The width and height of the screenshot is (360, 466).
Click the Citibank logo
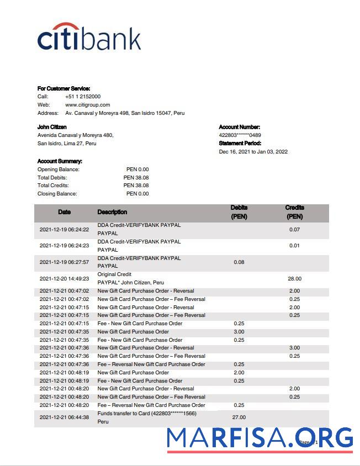pyautogui.click(x=89, y=37)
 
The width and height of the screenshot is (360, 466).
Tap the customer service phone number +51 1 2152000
pyautogui.click(x=83, y=97)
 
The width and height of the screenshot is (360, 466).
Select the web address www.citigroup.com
pyautogui.click(x=87, y=105)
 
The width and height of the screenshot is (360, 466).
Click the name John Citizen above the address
pyautogui.click(x=52, y=127)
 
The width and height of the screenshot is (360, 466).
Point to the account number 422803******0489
pyautogui.click(x=240, y=135)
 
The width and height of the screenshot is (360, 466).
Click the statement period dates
pyautogui.click(x=253, y=152)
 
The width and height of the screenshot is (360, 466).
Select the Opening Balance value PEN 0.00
pyautogui.click(x=137, y=170)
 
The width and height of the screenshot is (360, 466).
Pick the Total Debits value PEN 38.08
pyautogui.click(x=136, y=178)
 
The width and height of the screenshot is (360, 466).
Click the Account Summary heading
pyautogui.click(x=60, y=161)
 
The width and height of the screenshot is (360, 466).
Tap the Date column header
pyautogui.click(x=64, y=212)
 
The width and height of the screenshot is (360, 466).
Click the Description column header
pyautogui.click(x=112, y=212)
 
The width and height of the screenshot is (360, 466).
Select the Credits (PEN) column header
pyautogui.click(x=294, y=212)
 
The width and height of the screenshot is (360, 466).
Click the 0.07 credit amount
pyautogui.click(x=294, y=229)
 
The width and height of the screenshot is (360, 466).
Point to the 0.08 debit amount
pyautogui.click(x=239, y=262)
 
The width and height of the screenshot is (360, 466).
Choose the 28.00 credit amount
pyautogui.click(x=294, y=279)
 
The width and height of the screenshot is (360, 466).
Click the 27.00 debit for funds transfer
pyautogui.click(x=239, y=417)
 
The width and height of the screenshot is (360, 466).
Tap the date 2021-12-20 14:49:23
pyautogui.click(x=64, y=279)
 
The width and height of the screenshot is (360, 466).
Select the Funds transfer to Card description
pyautogui.click(x=146, y=414)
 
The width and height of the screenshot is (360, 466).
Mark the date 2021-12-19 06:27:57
pyautogui.click(x=64, y=262)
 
